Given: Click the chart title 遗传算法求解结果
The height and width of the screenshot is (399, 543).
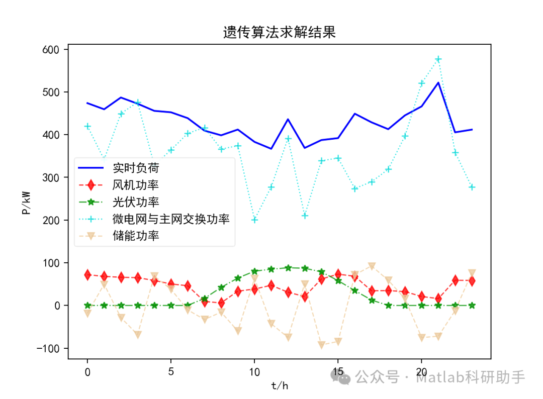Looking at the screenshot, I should (x=279, y=33).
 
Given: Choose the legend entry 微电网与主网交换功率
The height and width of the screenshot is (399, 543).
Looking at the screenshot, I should (x=171, y=219).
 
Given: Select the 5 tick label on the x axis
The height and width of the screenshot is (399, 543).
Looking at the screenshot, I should (x=171, y=372).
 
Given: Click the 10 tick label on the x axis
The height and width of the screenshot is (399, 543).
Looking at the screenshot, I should (x=254, y=372).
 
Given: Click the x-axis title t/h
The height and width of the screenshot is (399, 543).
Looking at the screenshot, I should (x=280, y=386).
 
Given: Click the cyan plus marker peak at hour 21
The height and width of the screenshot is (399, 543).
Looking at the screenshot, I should (x=438, y=59).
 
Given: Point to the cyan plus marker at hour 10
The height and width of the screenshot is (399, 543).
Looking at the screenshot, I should (x=254, y=220).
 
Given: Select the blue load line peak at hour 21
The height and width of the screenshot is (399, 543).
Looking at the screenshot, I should (x=438, y=82).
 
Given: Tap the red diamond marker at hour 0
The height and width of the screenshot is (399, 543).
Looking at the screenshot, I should (x=87, y=275).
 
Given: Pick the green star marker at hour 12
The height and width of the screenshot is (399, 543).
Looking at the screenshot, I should (x=288, y=268).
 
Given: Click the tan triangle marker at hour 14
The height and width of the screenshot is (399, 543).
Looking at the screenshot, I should (x=321, y=345).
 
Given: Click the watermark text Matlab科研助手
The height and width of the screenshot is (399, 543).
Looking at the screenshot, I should (x=470, y=377).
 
